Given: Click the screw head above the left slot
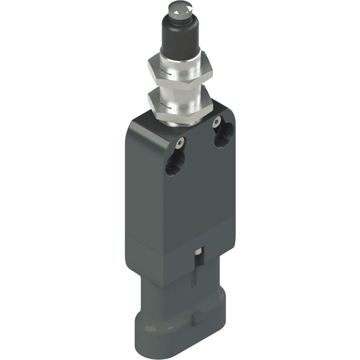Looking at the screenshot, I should point(180,142).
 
